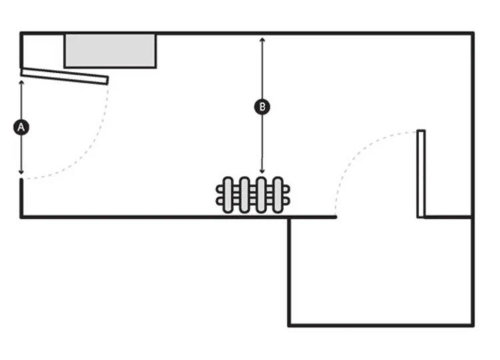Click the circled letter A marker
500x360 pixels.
pos(21,127)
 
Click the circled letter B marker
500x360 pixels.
pos(262,106)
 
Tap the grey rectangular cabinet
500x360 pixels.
pos(111,51)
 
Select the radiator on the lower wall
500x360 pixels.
pos(253,195)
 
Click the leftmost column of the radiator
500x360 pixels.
pos(228,195)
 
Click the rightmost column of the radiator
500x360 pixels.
pos(278,195)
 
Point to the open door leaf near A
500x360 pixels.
pos(64,77)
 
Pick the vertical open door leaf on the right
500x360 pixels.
pos(421,173)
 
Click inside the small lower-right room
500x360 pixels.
pos(380,273)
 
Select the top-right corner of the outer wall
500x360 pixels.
pos(473,33)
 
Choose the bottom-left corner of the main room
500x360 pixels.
pos(21,216)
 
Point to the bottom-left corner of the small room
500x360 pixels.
pos(289,325)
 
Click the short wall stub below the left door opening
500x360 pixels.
pos(21,197)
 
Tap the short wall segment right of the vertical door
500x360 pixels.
pos(448,217)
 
